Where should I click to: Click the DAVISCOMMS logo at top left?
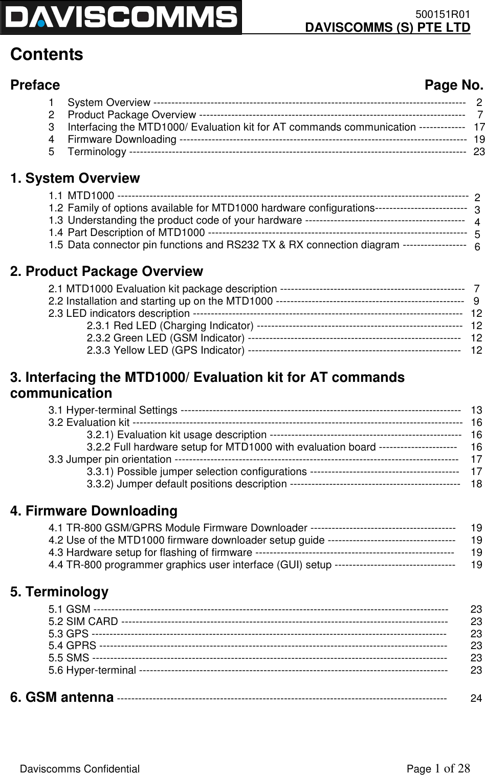[121, 17]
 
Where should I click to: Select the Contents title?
[47, 55]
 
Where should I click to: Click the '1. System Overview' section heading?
[75, 179]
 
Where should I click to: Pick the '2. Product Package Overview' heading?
[106, 271]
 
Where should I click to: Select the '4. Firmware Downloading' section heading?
[94, 497]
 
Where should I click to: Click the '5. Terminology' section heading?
[59, 578]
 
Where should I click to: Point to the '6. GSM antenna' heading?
[62, 697]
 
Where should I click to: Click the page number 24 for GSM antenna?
[476, 698]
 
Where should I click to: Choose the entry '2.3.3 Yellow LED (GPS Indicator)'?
[165, 350]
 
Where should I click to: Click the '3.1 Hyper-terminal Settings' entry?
[113, 410]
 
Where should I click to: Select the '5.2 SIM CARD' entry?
[83, 607]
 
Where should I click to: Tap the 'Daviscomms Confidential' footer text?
[79, 755]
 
